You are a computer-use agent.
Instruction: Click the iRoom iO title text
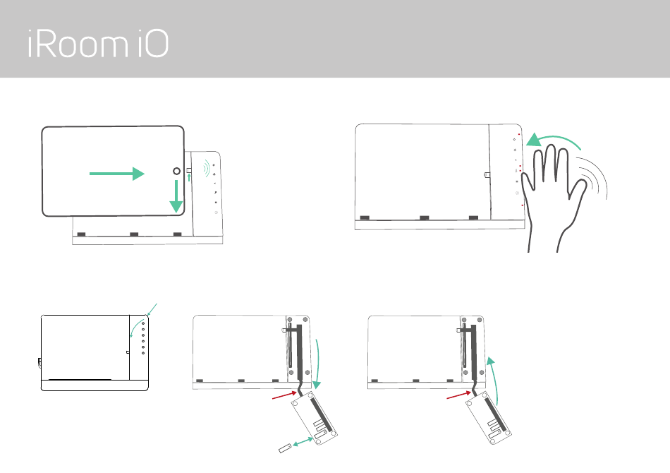[98, 44]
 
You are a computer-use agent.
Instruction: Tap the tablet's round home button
[176, 171]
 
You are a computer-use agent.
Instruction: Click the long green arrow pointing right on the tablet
[117, 174]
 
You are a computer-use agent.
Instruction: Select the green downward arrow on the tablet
[176, 196]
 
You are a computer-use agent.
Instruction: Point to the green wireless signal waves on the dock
[207, 168]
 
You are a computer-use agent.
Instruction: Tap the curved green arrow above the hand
[554, 140]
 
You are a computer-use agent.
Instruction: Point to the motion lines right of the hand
[594, 177]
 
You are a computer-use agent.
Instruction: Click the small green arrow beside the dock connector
[189, 177]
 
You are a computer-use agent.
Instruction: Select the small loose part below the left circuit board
[285, 448]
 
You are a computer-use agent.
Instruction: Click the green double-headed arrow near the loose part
[303, 442]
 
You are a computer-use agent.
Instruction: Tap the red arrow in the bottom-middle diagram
[285, 395]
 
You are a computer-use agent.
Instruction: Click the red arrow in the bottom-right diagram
[459, 395]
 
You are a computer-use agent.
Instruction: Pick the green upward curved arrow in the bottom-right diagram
[494, 380]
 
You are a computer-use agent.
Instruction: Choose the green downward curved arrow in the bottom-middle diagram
[317, 364]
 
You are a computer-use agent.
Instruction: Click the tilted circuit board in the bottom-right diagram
[489, 417]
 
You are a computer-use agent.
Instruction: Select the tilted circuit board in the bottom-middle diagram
[314, 418]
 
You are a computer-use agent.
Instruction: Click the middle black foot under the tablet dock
[134, 234]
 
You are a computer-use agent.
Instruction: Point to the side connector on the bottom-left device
[39, 363]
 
